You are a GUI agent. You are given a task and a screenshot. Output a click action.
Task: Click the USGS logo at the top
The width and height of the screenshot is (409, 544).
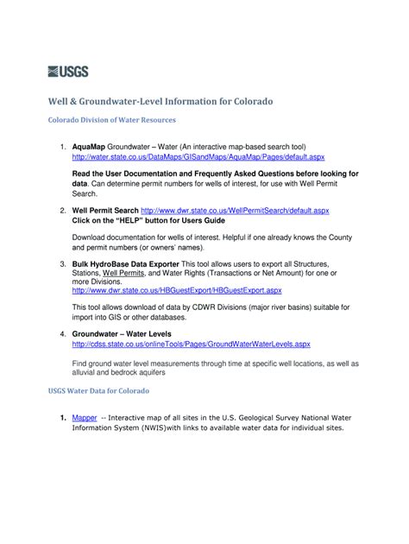click(68, 72)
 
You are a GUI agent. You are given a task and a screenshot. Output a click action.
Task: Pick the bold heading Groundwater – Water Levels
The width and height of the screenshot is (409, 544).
click(121, 332)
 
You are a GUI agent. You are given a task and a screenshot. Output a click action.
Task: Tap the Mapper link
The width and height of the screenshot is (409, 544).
click(85, 417)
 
